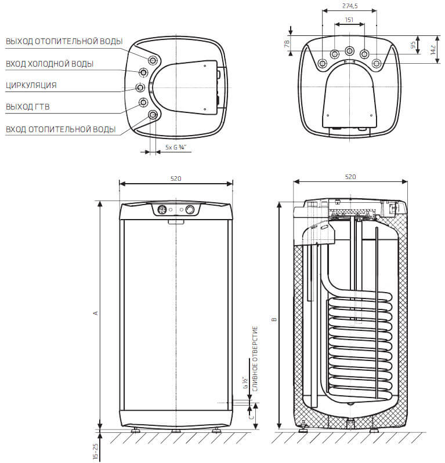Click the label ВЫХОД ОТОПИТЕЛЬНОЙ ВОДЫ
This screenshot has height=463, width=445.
[x=64, y=41]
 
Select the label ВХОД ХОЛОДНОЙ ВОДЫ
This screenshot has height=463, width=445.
[x=50, y=64]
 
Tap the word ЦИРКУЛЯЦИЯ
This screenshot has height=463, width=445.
[x=31, y=85]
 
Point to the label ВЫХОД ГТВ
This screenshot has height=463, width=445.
[x=28, y=107]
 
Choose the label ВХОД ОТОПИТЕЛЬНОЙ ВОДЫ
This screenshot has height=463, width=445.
[x=60, y=129]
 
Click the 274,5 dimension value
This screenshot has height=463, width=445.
[x=350, y=6]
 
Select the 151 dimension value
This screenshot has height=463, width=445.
[x=349, y=20]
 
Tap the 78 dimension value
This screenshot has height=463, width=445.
[x=287, y=44]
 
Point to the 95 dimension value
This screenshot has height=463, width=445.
[x=413, y=45]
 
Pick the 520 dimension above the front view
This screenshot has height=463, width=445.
[x=176, y=178]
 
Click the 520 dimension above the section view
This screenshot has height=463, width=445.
[x=350, y=177]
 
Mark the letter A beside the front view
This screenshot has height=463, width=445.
[x=95, y=313]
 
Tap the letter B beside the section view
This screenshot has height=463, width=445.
[x=274, y=319]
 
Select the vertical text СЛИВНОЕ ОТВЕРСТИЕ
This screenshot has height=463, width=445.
[x=255, y=359]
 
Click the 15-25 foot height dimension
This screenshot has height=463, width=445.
[x=95, y=451]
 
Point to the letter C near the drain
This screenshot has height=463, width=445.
[x=251, y=417]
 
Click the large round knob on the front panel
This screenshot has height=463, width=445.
[x=190, y=210]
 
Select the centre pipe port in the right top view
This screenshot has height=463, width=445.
[x=349, y=51]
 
